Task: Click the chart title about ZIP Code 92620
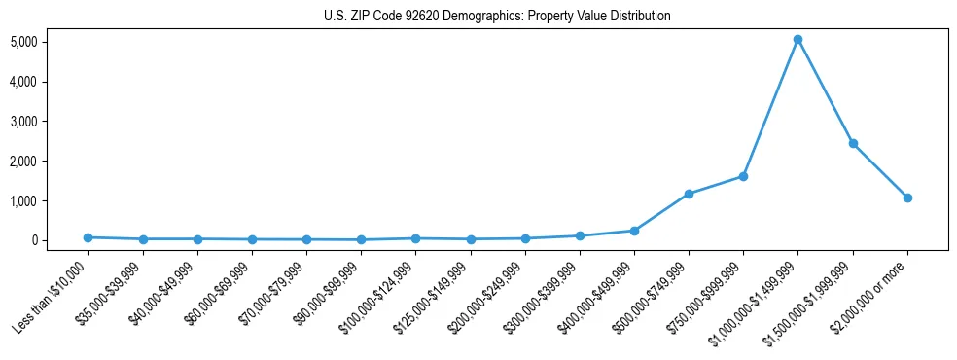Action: (x=497, y=17)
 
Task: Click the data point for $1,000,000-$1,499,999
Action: (x=797, y=40)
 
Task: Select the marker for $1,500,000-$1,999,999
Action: (x=853, y=143)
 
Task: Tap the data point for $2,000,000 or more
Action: (x=907, y=198)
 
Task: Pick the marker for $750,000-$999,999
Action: (x=743, y=176)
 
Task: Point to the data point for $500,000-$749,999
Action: (x=689, y=194)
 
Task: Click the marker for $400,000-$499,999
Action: (x=634, y=231)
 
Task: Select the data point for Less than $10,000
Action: (x=89, y=237)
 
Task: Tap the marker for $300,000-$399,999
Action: (x=580, y=235)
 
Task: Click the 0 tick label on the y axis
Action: (x=60, y=240)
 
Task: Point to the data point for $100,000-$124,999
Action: (x=415, y=238)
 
